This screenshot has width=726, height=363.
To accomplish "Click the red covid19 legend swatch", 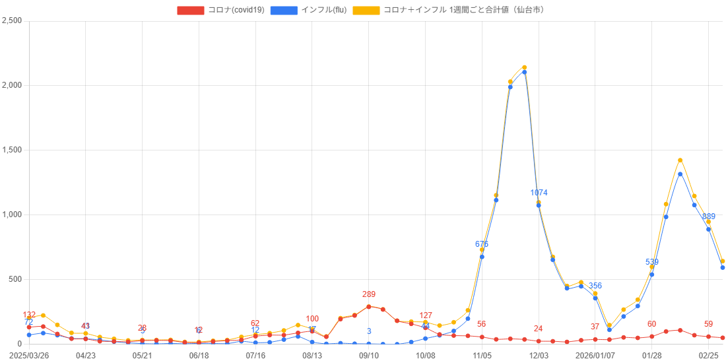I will (191, 10).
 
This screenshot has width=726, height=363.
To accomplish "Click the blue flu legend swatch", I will (284, 10).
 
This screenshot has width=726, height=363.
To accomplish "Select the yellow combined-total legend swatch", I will (366, 10).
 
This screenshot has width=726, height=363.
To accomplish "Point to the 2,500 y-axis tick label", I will (12, 20).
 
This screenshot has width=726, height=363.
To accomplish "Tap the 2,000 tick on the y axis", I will (12, 85).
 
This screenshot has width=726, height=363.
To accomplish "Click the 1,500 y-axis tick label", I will (12, 150).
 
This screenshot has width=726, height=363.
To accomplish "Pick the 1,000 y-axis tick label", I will (12, 214).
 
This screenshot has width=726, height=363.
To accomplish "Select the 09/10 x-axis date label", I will (369, 355).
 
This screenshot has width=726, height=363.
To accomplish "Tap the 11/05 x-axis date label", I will (482, 355).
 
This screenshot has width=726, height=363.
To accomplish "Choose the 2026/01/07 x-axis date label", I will (595, 355).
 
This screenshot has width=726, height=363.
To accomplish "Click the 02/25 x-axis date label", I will (708, 355).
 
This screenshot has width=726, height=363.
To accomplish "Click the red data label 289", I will (369, 294).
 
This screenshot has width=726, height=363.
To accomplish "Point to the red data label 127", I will (426, 315).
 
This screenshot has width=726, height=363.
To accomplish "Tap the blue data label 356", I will (595, 286).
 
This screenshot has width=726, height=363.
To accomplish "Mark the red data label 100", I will (312, 319).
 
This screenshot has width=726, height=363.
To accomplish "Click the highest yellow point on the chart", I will (524, 67).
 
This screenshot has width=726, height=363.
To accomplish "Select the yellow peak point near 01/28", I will (680, 160).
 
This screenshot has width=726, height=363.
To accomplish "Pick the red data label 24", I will (539, 329).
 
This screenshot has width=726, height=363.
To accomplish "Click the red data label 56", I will (482, 324).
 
